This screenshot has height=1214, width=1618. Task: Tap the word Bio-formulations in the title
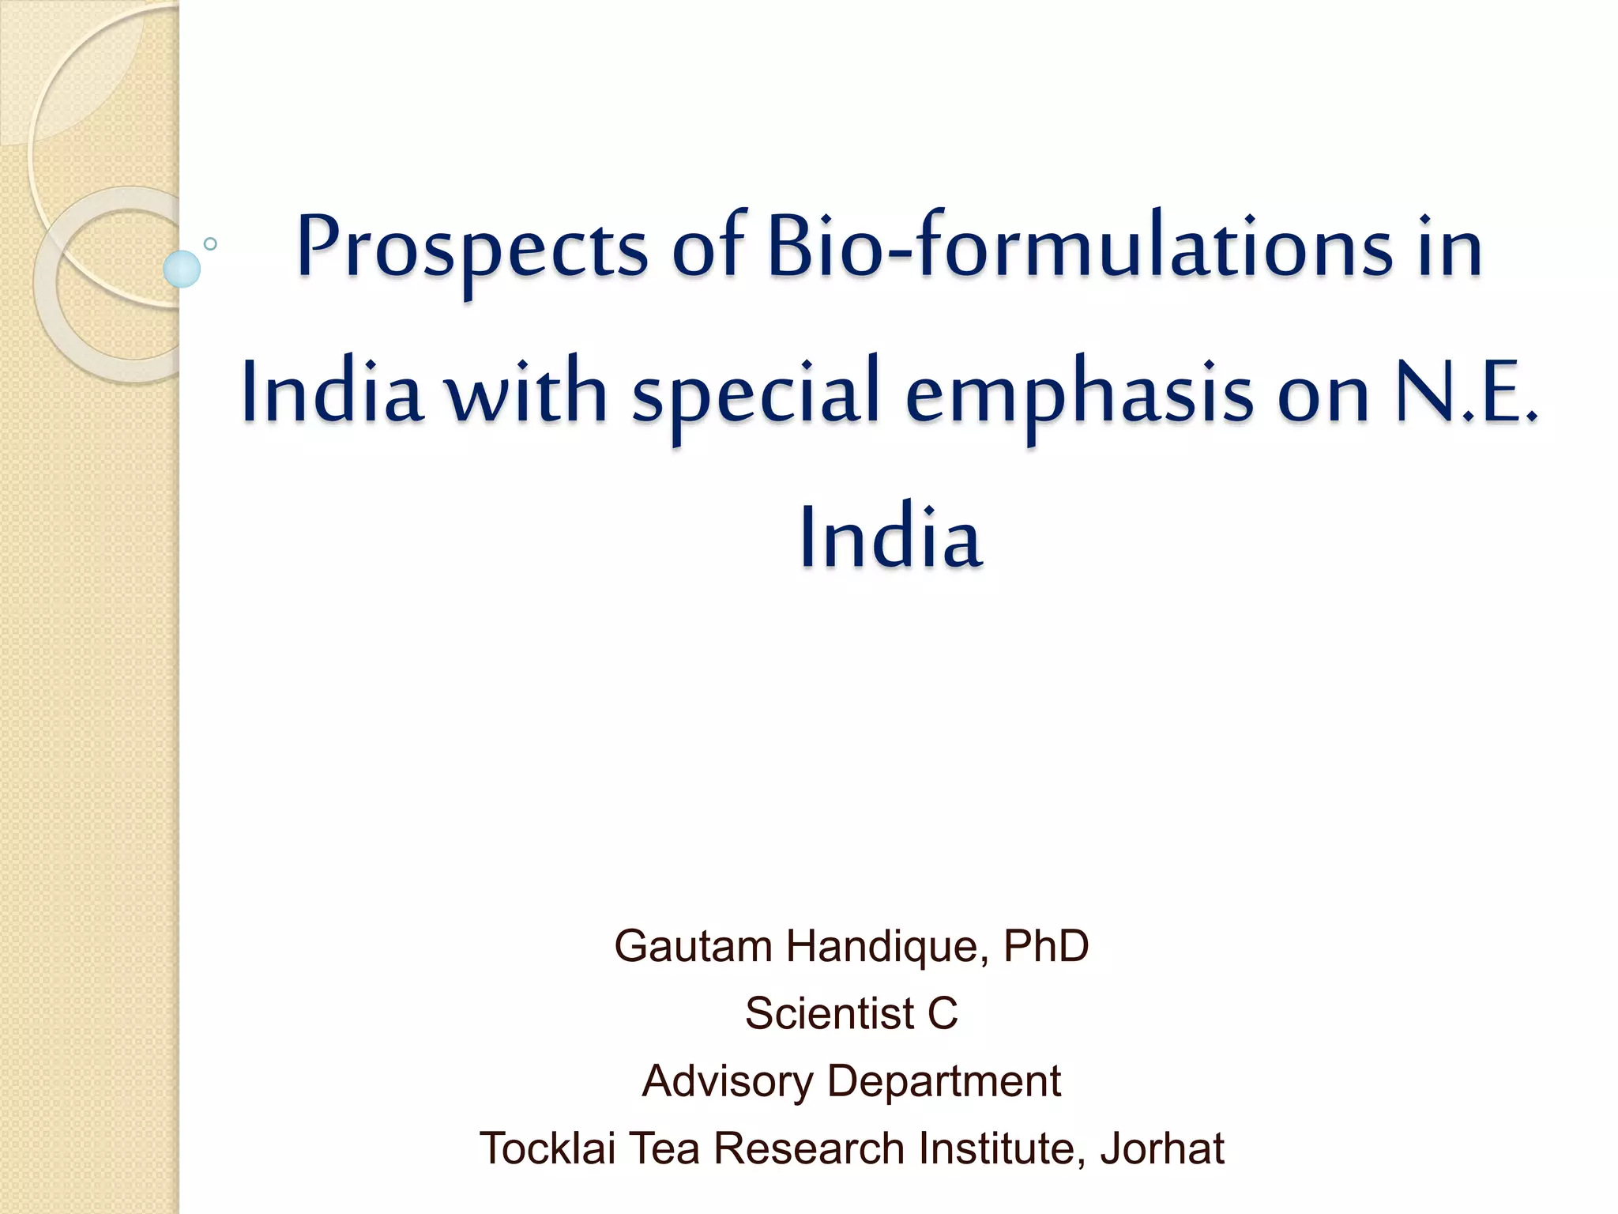pyautogui.click(x=1080, y=247)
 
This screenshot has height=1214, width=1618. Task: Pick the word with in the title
pyautogui.click(x=527, y=393)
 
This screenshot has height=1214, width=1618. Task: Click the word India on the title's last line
pyautogui.click(x=890, y=537)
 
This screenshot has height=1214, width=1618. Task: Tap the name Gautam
pyautogui.click(x=692, y=946)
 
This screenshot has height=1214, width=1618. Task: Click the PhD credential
pyautogui.click(x=1046, y=946)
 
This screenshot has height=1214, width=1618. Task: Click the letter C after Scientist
pyautogui.click(x=943, y=1013)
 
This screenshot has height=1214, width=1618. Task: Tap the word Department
pyautogui.click(x=944, y=1081)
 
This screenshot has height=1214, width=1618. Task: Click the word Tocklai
pyautogui.click(x=547, y=1148)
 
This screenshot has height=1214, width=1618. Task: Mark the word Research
pyautogui.click(x=808, y=1148)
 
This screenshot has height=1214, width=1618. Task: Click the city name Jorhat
pyautogui.click(x=1162, y=1148)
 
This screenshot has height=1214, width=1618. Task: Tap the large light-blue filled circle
pyautogui.click(x=182, y=269)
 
